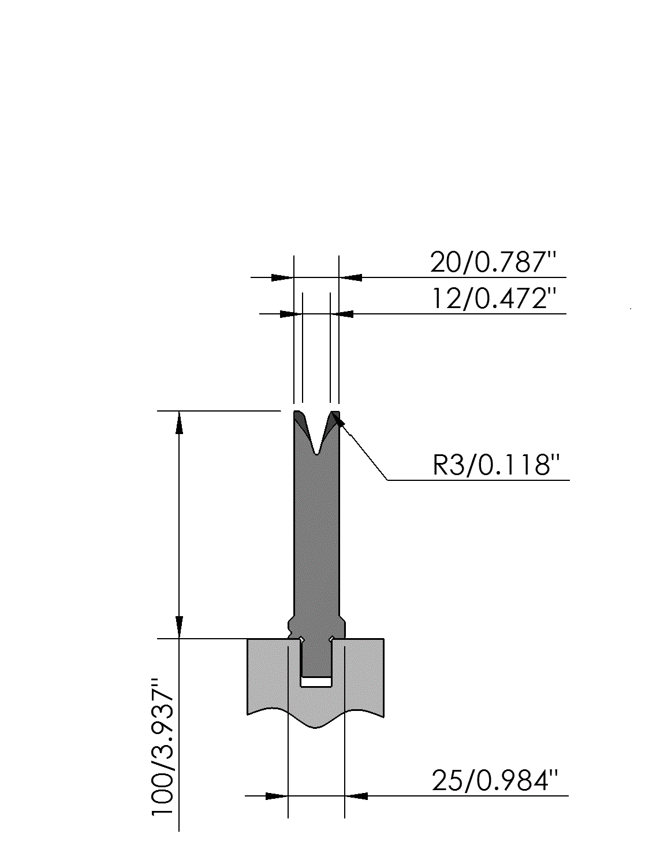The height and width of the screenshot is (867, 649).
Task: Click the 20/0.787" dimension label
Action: coord(493,262)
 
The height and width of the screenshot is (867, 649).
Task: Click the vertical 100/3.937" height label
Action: coord(163,747)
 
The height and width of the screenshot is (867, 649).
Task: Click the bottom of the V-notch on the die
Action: coord(316,455)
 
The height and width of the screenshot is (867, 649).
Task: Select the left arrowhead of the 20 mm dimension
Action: coord(282,277)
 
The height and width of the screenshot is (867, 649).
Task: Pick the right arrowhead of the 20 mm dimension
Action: coord(350,277)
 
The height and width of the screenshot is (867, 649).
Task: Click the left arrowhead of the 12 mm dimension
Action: coord(291,314)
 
